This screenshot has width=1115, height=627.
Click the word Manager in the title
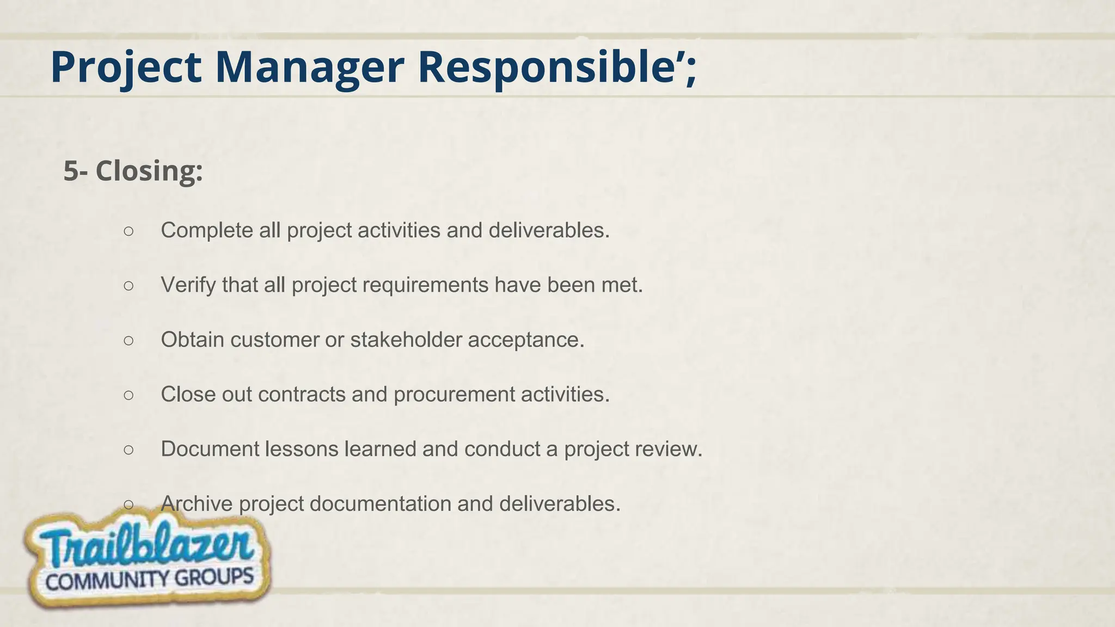click(309, 67)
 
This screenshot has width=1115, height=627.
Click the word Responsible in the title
click(550, 67)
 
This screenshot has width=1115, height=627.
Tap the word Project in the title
click(126, 67)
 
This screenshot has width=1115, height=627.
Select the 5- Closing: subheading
click(133, 171)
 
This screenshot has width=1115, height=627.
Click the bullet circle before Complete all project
click(128, 231)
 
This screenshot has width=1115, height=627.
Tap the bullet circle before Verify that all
click(128, 285)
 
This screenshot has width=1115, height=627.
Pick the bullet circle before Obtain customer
click(128, 340)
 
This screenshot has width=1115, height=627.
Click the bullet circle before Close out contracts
click(128, 395)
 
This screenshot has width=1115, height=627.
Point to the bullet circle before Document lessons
click(128, 450)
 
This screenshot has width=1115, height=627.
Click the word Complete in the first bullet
click(207, 231)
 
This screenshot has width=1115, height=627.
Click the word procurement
click(454, 395)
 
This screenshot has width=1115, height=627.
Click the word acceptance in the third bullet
click(525, 340)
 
